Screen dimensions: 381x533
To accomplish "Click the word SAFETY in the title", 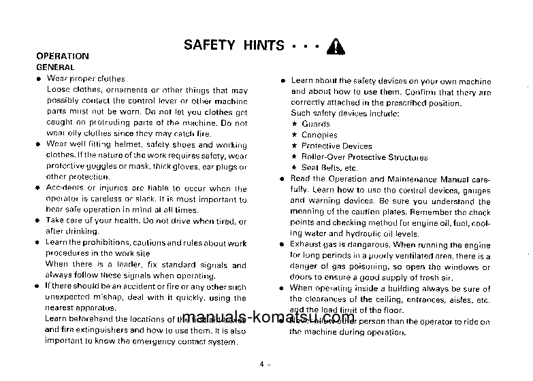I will [209, 46].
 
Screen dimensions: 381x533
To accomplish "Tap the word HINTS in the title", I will [263, 46].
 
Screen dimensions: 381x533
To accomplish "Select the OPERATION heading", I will [62, 56].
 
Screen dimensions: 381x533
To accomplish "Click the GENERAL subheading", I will [55, 67].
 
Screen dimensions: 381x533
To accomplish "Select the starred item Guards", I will [316, 124].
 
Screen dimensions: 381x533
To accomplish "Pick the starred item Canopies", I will [319, 135].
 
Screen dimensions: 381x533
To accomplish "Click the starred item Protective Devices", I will [336, 146].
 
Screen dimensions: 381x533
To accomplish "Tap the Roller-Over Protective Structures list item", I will [364, 156].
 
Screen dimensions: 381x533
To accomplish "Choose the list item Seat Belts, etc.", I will [329, 167].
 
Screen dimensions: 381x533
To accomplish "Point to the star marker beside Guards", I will [294, 124].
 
